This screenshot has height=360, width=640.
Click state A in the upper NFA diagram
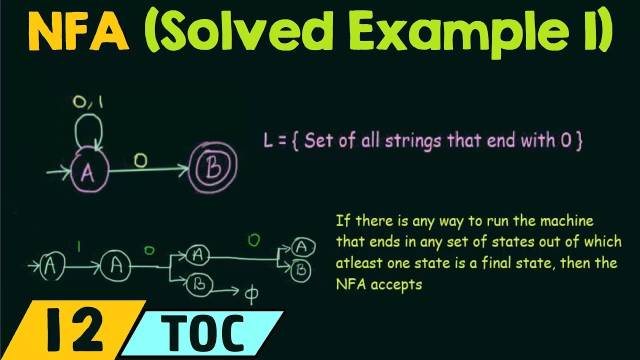click(88, 172)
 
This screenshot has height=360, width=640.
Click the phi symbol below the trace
click(250, 295)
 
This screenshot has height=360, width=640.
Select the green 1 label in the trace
click(78, 246)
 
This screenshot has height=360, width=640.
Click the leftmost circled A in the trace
click(50, 265)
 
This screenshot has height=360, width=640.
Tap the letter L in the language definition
click(268, 141)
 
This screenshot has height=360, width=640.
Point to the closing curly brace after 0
click(578, 141)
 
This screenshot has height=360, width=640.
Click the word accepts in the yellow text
click(394, 284)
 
